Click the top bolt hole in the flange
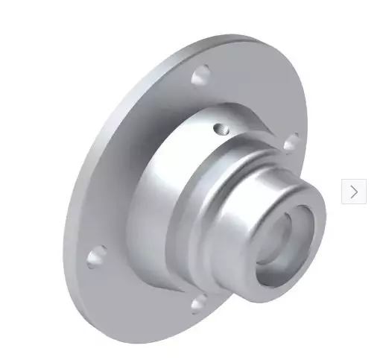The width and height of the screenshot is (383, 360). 200,75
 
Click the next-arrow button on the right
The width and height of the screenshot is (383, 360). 354,192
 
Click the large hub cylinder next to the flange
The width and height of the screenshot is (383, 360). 160,186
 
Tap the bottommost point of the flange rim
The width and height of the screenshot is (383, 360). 149,328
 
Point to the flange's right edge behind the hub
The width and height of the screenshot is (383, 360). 305,112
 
